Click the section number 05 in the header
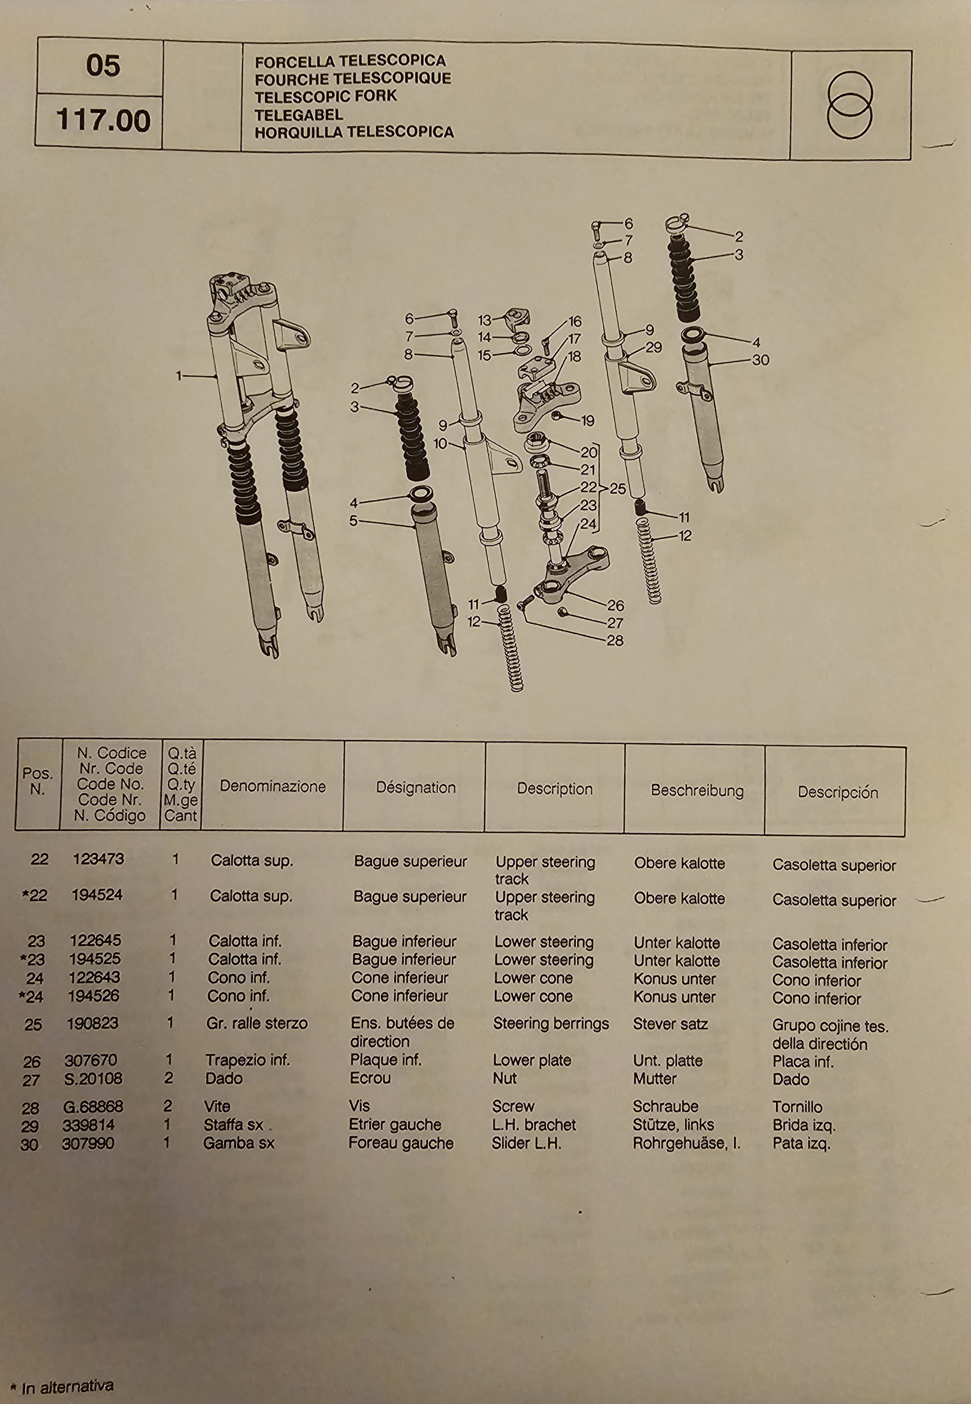click(x=103, y=66)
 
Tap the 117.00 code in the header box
click(x=103, y=120)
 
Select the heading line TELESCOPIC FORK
click(x=326, y=96)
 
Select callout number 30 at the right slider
click(x=760, y=360)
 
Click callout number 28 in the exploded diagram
click(x=615, y=640)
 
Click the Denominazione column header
click(x=273, y=786)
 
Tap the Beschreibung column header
click(x=697, y=791)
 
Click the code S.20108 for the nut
click(x=93, y=1078)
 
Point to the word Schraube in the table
click(x=665, y=1106)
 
